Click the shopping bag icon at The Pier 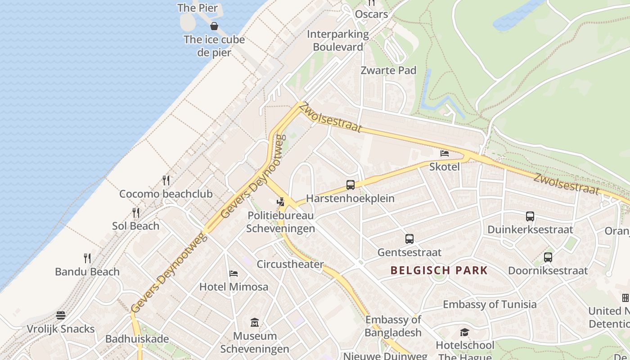pyautogui.click(x=214, y=26)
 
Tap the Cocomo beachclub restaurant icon pyautogui.click(x=166, y=180)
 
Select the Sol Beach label pyautogui.click(x=135, y=226)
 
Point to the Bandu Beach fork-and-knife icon pyautogui.click(x=87, y=258)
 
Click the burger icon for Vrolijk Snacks pyautogui.click(x=61, y=315)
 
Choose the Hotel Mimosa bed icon pyautogui.click(x=233, y=273)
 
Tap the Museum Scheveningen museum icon pyautogui.click(x=255, y=322)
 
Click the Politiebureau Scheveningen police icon pyautogui.click(x=281, y=202)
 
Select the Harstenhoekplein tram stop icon pyautogui.click(x=350, y=184)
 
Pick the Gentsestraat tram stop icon pyautogui.click(x=409, y=238)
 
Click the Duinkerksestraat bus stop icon pyautogui.click(x=530, y=216)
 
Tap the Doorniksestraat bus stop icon pyautogui.click(x=548, y=257)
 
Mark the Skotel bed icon pyautogui.click(x=445, y=153)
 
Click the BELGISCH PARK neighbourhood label pyautogui.click(x=439, y=270)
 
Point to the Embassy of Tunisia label pyautogui.click(x=490, y=304)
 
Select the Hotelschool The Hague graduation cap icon pyautogui.click(x=464, y=332)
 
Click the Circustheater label pyautogui.click(x=290, y=264)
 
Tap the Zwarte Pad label pyautogui.click(x=388, y=70)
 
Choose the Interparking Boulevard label pyautogui.click(x=337, y=40)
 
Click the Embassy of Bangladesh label pyautogui.click(x=393, y=326)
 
